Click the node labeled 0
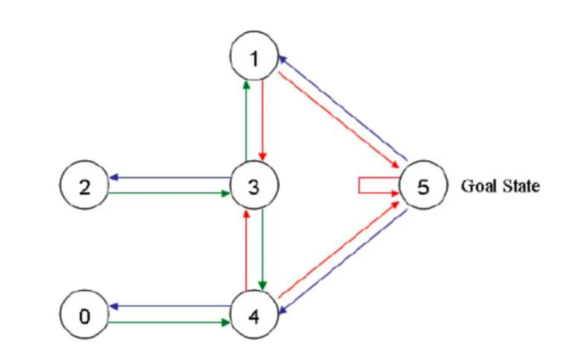pos(84,315)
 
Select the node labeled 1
pos(254,56)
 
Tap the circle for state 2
pos(84,185)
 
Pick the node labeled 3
pos(254,185)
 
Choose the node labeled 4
pos(254,315)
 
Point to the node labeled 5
pos(423,185)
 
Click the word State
pos(521,186)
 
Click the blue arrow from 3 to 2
pos(169,178)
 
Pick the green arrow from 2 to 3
pos(169,193)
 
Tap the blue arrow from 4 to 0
pos(169,306)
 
